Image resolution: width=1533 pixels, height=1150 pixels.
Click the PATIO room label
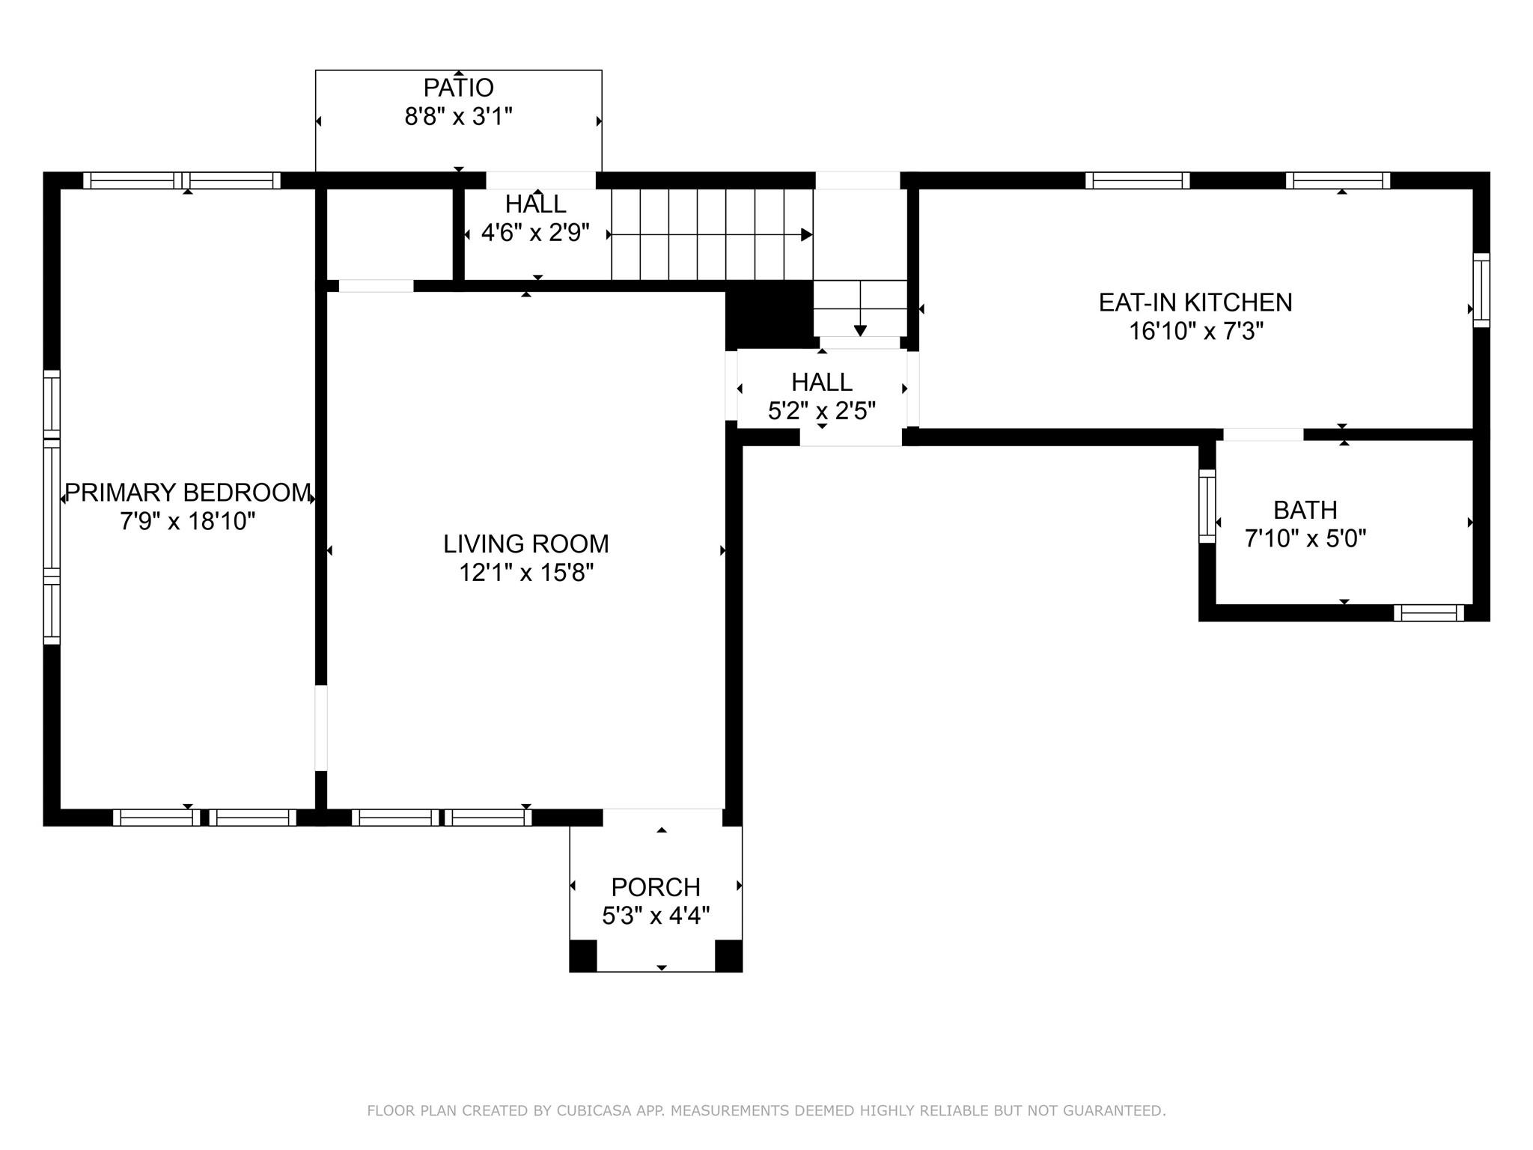coord(458,88)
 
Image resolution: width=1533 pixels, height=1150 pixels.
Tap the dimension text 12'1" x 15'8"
coord(526,573)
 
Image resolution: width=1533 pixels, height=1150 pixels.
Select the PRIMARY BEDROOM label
coord(187,493)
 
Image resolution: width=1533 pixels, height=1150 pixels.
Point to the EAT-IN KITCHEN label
coord(1195,302)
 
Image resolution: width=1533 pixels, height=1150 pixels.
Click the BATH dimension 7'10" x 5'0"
coord(1305,538)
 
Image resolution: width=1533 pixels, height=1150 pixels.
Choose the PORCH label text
coord(656,887)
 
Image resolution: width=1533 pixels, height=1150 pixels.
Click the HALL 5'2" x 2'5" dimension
coord(821,411)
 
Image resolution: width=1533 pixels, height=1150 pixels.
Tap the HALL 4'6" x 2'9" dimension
coord(535,233)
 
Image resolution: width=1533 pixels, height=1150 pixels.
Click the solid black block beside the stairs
coord(769,314)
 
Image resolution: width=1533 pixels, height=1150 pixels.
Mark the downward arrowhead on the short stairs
coord(860,330)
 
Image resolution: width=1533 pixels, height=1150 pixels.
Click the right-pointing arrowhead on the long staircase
coord(806,234)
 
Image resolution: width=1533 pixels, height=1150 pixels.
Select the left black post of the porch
coord(583,955)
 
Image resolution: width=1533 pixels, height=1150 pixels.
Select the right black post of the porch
coord(728,955)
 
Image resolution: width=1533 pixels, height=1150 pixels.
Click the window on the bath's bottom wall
coord(1428,613)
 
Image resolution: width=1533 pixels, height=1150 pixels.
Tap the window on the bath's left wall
coord(1207,506)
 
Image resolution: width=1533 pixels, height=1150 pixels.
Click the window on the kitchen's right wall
coord(1481,290)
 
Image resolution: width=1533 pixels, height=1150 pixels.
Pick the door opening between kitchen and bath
coord(1263,434)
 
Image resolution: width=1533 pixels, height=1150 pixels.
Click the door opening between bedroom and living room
coord(321,728)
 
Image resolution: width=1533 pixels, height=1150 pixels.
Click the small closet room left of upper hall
coord(389,234)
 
